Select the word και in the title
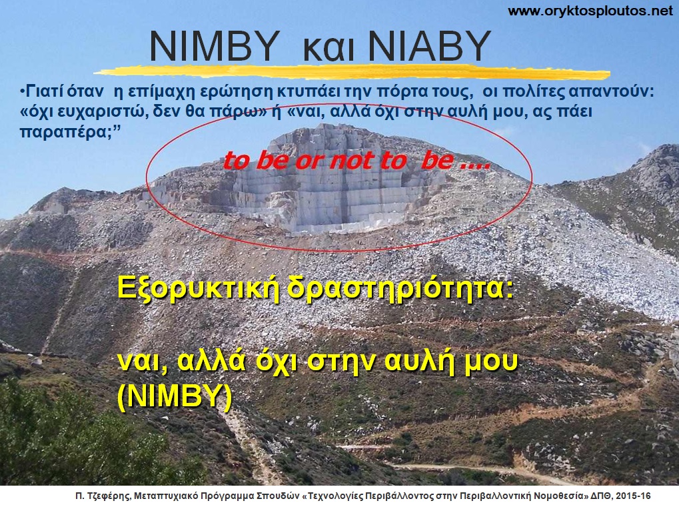point(323,48)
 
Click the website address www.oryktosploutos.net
point(590,11)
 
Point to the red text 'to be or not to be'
point(356,161)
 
